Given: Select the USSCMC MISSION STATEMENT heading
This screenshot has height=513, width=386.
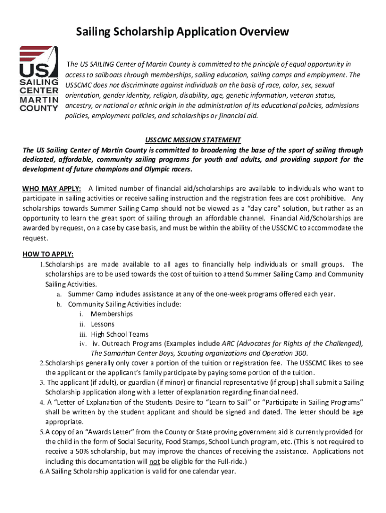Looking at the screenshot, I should [x=193, y=140].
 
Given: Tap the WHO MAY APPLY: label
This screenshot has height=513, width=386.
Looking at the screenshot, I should [x=52, y=188].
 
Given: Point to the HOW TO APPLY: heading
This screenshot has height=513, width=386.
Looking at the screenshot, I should [x=48, y=254].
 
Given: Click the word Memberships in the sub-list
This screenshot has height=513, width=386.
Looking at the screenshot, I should [x=112, y=314].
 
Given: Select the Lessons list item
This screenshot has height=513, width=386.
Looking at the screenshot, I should [x=103, y=324].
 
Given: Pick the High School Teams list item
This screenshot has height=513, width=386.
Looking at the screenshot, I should [x=119, y=334].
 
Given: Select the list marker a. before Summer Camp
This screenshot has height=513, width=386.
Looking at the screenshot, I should [x=59, y=294].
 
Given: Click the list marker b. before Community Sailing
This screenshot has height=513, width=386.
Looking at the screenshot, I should [x=59, y=304].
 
